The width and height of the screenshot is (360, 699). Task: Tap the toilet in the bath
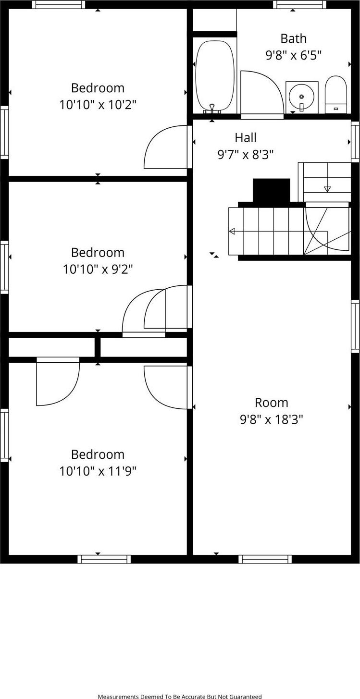[x=336, y=95]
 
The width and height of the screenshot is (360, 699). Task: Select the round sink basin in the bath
[x=301, y=97]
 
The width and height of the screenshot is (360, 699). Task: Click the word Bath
[x=293, y=39]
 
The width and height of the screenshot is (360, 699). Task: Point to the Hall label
[x=246, y=137]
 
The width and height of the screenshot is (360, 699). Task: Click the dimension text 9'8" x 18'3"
[x=272, y=419]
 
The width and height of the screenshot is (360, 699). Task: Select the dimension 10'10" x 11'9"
[x=98, y=471]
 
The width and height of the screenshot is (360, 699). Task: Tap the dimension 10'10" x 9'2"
[x=98, y=269]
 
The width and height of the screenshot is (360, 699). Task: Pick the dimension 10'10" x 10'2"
[x=98, y=105]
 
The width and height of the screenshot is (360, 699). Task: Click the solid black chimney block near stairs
[x=272, y=191]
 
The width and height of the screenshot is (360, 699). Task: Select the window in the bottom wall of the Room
[x=265, y=559]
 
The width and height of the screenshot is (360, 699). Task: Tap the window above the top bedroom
[x=58, y=4]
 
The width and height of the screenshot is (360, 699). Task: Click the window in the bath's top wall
[x=300, y=4]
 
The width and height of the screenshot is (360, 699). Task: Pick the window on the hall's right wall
[x=356, y=142]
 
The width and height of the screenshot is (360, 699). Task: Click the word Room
[x=272, y=403]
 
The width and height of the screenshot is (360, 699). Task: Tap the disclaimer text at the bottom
[x=180, y=697]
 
